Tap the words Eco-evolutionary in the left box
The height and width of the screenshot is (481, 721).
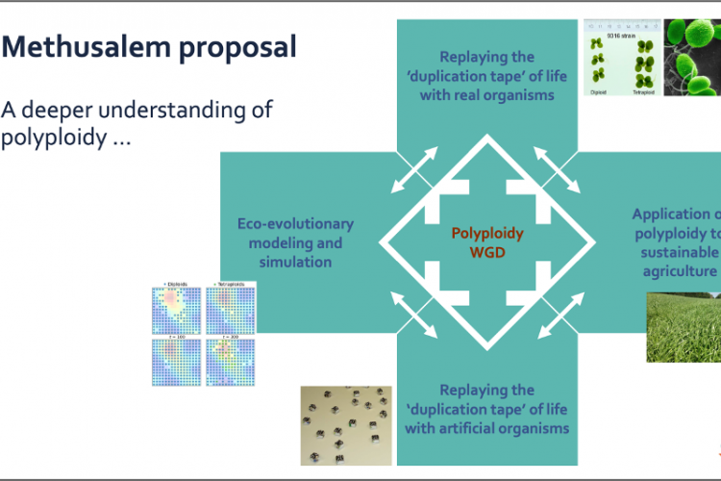pos(295,224)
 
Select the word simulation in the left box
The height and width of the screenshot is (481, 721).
pos(295,262)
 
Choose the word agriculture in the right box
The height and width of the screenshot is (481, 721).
pos(681,271)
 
